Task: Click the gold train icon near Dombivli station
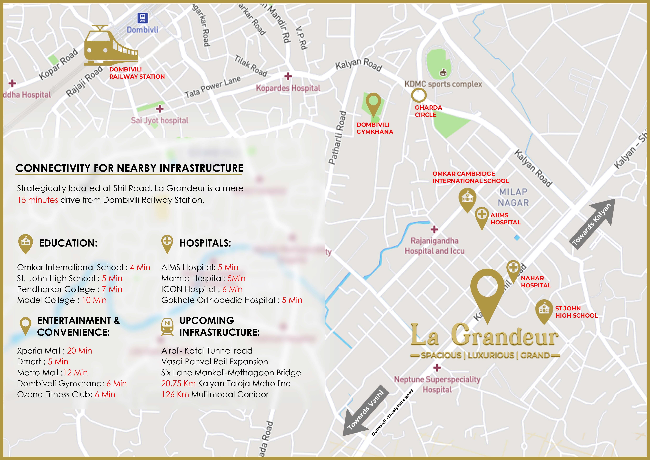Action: [111, 45]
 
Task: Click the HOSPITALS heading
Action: [205, 243]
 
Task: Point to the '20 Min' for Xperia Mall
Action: [80, 351]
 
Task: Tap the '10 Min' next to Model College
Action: [94, 300]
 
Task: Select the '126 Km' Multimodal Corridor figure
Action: [175, 394]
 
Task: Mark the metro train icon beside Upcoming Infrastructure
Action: [167, 327]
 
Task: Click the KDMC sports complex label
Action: [443, 84]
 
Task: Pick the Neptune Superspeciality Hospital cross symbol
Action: [437, 368]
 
